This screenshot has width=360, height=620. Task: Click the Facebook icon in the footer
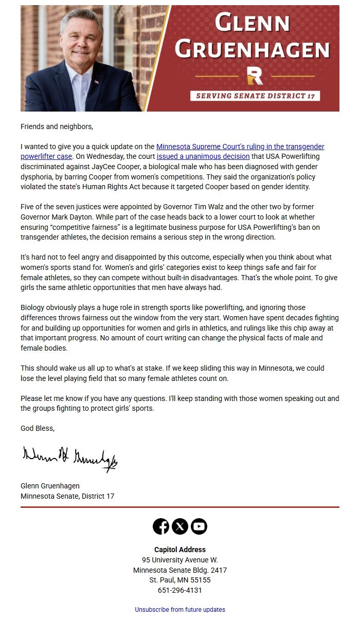pyautogui.click(x=161, y=526)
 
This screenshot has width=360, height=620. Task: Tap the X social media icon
pyautogui.click(x=180, y=526)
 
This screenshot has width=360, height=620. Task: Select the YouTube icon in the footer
pyautogui.click(x=199, y=526)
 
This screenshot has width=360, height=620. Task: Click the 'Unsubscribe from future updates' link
pyautogui.click(x=180, y=610)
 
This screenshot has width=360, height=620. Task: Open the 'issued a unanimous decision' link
pyautogui.click(x=203, y=156)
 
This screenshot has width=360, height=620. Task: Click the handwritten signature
pyautogui.click(x=69, y=458)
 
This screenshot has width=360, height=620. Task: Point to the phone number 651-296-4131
pyautogui.click(x=180, y=590)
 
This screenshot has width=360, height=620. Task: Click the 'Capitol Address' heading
pyautogui.click(x=180, y=550)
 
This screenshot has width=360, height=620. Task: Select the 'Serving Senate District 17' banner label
pyautogui.click(x=255, y=96)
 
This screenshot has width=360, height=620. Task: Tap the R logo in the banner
pyautogui.click(x=255, y=76)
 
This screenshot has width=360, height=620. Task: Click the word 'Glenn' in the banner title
pyautogui.click(x=252, y=24)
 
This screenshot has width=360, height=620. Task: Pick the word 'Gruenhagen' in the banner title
pyautogui.click(x=252, y=49)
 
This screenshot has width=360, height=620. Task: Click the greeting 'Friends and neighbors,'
pyautogui.click(x=57, y=126)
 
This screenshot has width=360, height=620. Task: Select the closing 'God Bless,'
pyautogui.click(x=38, y=428)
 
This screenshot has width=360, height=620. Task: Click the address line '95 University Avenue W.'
pyautogui.click(x=180, y=560)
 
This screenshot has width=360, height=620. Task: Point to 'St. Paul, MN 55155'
pyautogui.click(x=180, y=580)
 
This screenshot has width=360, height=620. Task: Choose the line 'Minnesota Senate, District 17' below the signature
pyautogui.click(x=67, y=496)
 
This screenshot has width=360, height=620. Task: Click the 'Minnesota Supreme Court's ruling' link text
pyautogui.click(x=240, y=147)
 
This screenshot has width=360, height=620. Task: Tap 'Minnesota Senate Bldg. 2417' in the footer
pyautogui.click(x=180, y=570)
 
